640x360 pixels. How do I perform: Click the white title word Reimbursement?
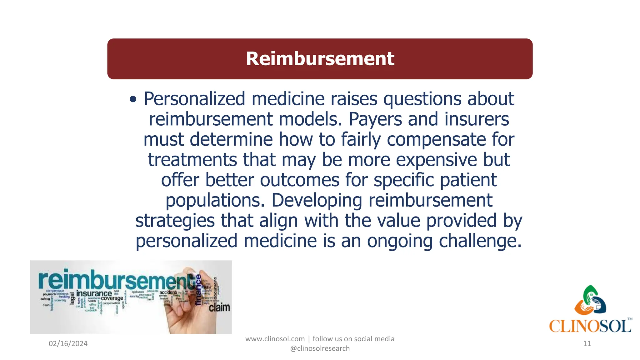tap(320, 59)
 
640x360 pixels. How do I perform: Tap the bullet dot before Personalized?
tap(133, 100)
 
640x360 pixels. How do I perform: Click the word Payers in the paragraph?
tap(375, 119)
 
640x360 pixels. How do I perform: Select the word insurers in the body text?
tap(477, 119)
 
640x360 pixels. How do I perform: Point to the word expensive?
tap(436, 160)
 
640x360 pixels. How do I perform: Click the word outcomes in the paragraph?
tap(299, 180)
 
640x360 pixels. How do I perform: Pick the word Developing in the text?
tap(317, 201)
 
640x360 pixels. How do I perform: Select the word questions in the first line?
tap(422, 99)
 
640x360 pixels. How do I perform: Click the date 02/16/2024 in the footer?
tap(68, 344)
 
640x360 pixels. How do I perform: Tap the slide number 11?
tap(587, 344)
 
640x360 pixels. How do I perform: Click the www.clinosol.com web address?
tap(275, 339)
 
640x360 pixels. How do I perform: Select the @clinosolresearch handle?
tap(320, 348)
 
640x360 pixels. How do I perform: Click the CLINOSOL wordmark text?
tap(590, 327)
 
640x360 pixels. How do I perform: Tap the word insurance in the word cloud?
tap(94, 293)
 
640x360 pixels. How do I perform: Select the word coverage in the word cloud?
tap(112, 298)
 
